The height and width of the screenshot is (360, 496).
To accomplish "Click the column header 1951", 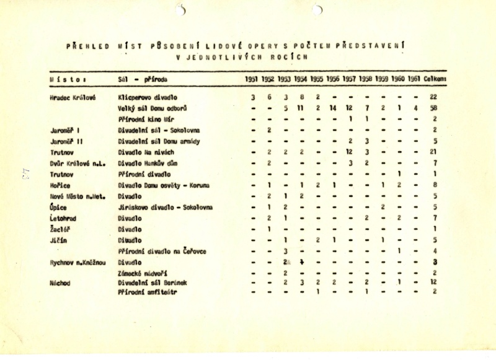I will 250,79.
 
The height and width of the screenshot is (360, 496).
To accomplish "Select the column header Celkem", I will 436,79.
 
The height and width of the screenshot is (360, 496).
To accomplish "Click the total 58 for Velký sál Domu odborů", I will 434,108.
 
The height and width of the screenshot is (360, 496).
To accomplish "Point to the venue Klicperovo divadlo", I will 148,98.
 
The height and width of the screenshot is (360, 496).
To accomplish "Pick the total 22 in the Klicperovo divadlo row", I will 434,98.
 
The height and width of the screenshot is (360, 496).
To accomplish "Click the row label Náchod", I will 61,283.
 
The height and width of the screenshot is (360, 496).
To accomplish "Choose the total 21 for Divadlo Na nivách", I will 434,152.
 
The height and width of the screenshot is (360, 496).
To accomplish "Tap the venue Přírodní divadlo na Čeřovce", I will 162,251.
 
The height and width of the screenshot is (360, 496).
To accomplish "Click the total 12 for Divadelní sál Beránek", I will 434,283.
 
